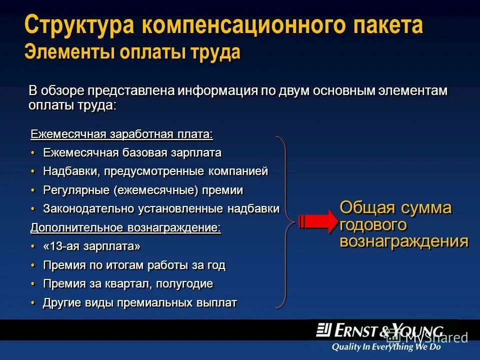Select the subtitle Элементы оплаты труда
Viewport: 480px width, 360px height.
[132, 52]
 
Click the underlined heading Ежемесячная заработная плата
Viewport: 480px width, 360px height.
[121, 134]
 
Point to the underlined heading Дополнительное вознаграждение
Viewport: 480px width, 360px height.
[125, 227]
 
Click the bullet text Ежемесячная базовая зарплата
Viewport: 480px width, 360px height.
[132, 152]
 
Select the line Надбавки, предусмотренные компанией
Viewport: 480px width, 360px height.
[155, 171]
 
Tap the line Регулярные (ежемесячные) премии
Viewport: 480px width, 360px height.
[143, 190]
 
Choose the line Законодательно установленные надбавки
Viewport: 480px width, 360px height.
[161, 208]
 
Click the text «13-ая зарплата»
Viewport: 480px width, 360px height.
[92, 246]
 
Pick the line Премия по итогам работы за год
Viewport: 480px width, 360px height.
[134, 265]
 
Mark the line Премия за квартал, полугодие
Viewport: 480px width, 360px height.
[128, 284]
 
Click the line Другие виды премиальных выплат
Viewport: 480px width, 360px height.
[140, 303]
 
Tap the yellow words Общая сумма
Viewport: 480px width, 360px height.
[395, 207]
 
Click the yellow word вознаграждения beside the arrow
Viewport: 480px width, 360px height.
[404, 241]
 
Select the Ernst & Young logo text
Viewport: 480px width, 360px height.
[380, 330]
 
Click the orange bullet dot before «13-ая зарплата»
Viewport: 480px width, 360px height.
[33, 246]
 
